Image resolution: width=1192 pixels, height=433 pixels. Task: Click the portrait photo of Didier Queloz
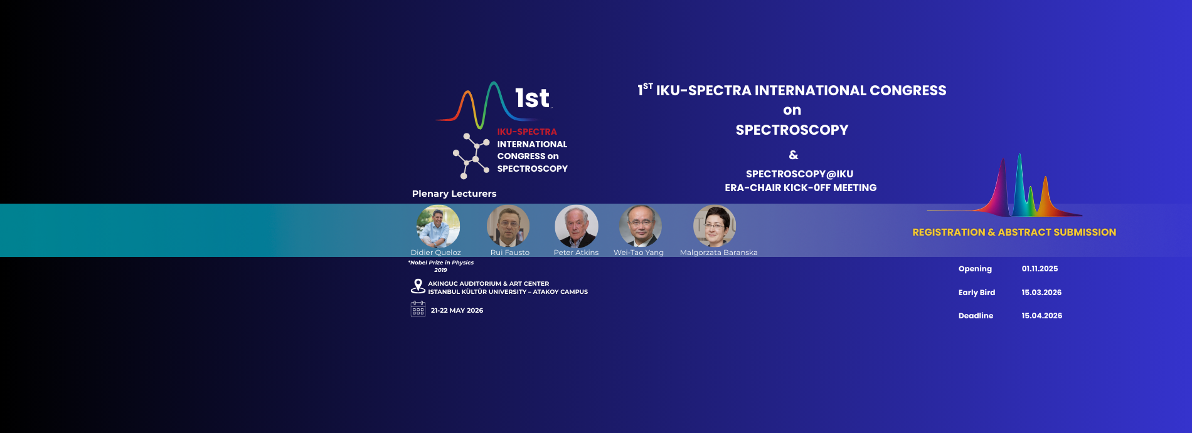(x=438, y=226)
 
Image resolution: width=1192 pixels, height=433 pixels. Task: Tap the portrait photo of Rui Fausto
(x=508, y=226)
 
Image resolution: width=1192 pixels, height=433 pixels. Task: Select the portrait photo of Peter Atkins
(x=577, y=226)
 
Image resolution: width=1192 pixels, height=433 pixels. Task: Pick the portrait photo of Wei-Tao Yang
(x=641, y=226)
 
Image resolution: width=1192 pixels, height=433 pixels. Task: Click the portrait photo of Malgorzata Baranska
(x=715, y=226)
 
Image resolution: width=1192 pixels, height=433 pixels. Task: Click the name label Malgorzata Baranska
(x=718, y=253)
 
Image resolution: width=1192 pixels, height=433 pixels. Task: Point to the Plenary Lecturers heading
(x=454, y=194)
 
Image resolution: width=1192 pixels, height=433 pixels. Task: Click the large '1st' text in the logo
(x=532, y=98)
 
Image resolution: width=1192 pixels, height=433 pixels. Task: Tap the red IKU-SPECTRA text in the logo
(x=527, y=132)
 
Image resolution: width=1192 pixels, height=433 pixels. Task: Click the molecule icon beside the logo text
(x=471, y=156)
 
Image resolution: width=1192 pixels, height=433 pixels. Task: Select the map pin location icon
(x=418, y=286)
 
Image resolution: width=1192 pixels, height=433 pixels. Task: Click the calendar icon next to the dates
(x=418, y=309)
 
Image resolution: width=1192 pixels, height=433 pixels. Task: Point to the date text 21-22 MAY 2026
(x=457, y=310)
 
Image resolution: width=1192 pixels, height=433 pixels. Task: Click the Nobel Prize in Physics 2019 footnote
(x=441, y=266)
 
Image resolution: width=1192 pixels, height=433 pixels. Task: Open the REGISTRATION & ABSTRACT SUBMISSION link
(x=1014, y=232)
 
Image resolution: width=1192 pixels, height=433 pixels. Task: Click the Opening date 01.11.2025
(x=1040, y=269)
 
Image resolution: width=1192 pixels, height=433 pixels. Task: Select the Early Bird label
(x=976, y=293)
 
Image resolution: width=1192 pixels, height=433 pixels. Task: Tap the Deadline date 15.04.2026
(x=1041, y=316)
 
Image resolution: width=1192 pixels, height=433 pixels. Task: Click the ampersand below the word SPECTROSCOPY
(x=794, y=155)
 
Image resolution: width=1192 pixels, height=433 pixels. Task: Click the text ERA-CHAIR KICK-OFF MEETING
(x=801, y=188)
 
